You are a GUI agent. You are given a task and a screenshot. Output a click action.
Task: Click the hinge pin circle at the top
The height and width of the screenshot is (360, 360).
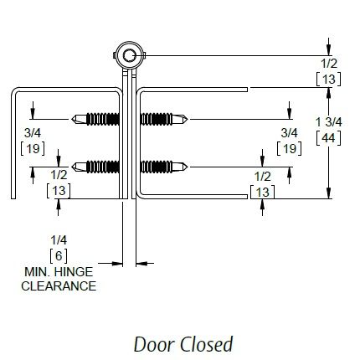click(130, 55)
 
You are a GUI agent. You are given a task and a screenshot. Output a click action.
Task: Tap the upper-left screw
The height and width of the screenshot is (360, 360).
click(95, 119)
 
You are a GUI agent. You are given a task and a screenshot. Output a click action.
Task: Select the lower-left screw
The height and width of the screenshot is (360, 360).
click(95, 167)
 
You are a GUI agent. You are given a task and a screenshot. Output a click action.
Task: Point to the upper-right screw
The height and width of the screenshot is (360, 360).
click(164, 119)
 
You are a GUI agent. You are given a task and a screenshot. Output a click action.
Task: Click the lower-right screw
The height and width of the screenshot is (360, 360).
click(164, 167)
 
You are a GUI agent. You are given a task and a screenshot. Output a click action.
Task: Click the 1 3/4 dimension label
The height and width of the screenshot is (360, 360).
click(328, 122)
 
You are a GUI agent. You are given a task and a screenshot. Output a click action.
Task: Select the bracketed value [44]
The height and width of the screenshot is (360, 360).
click(328, 138)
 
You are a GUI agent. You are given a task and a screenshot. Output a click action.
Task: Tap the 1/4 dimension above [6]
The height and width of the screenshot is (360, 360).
click(59, 240)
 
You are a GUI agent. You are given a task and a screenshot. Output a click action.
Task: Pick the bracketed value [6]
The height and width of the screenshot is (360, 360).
click(59, 255)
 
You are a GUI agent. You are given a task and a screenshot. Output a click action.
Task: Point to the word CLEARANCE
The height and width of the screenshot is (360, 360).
click(59, 286)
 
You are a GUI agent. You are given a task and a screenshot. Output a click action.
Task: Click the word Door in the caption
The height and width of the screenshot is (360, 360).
click(155, 344)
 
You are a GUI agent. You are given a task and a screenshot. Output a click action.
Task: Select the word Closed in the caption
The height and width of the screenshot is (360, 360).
click(207, 344)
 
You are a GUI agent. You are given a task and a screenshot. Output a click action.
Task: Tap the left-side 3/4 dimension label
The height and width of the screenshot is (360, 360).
click(33, 133)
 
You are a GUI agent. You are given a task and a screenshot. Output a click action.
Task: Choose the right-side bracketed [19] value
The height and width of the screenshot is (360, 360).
click(289, 148)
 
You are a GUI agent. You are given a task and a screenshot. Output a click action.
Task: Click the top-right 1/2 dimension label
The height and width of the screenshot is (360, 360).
click(329, 64)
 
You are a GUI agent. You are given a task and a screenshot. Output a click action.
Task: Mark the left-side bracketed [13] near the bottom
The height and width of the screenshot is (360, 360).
click(59, 191)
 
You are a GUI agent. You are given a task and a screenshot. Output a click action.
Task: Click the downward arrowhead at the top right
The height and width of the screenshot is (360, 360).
click(329, 50)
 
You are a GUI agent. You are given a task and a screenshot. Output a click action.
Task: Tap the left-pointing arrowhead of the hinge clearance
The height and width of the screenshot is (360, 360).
click(141, 263)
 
